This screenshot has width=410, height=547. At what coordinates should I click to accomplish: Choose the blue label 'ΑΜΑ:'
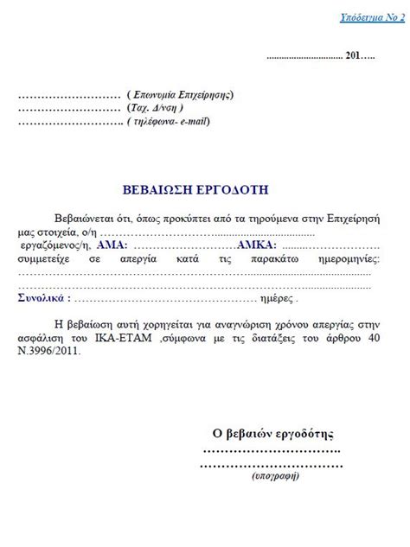(111, 245)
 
